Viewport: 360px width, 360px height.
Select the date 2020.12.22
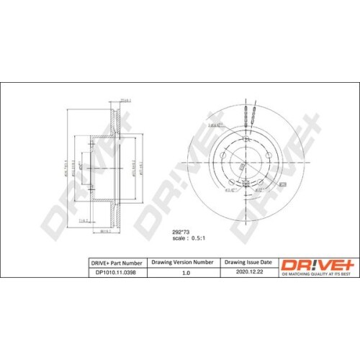click(246, 273)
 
